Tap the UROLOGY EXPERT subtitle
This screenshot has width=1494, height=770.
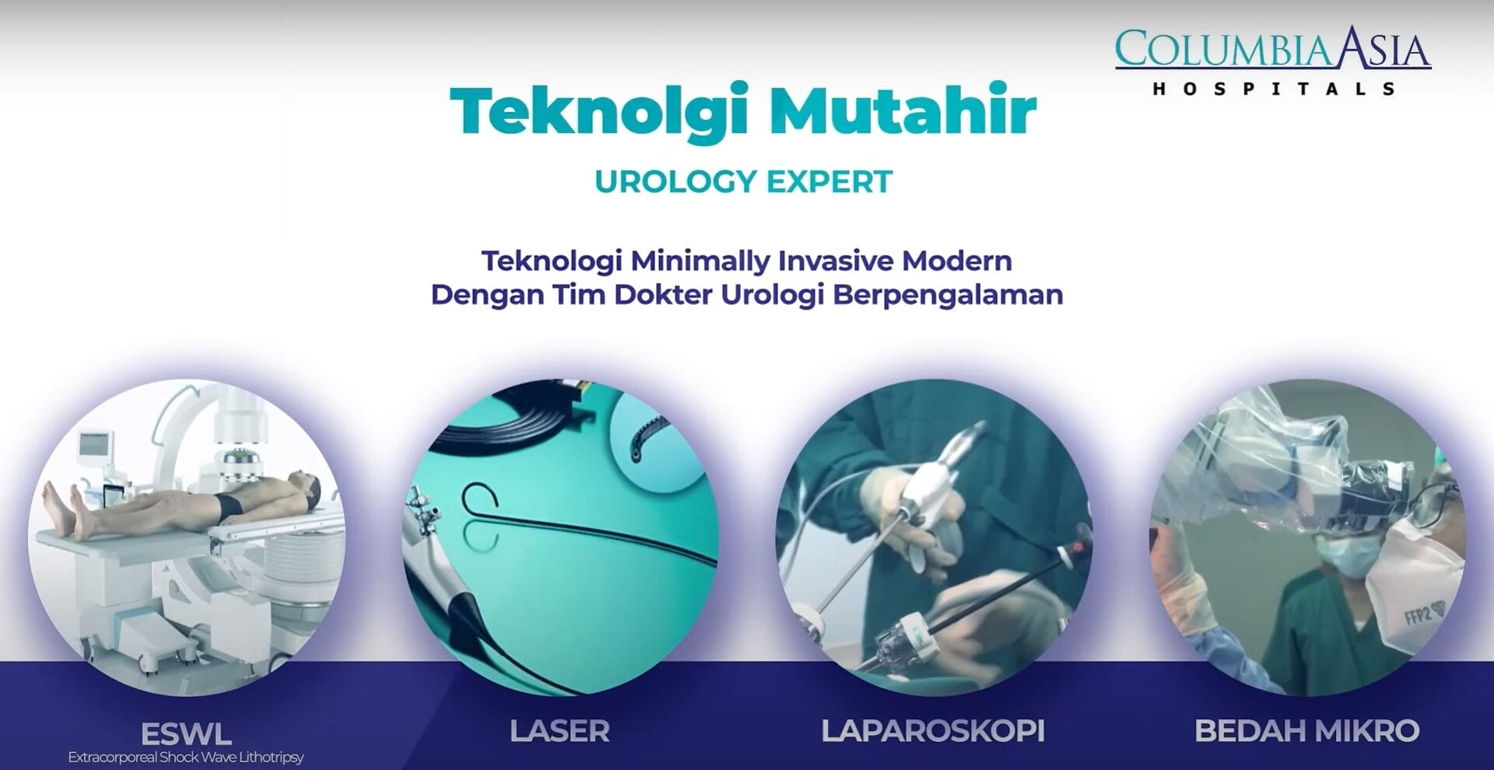click(x=743, y=182)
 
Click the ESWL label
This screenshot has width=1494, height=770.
click(x=186, y=733)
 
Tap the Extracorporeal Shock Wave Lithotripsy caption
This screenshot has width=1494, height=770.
click(x=186, y=757)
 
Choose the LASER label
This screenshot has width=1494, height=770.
click(x=559, y=731)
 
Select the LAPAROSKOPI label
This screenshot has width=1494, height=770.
click(x=933, y=731)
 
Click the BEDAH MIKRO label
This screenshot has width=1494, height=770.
click(x=1307, y=731)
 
